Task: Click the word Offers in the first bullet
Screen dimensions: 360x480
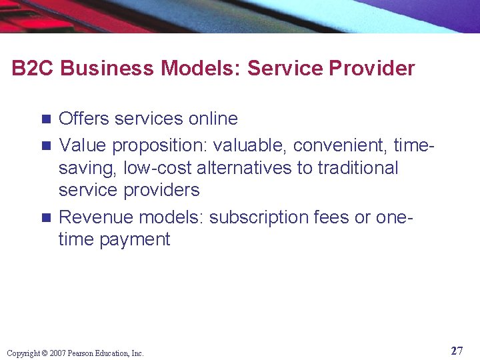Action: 84,119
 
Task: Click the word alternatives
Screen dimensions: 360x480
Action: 245,168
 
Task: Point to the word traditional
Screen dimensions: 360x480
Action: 358,168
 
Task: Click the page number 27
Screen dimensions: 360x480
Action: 457,351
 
